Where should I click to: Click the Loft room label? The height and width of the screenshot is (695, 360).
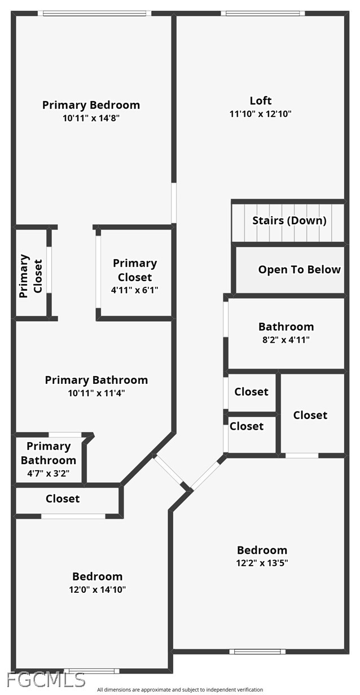(x=261, y=100)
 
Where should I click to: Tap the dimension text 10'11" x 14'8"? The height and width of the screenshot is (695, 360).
(x=91, y=118)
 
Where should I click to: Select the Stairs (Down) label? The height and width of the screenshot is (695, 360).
(x=289, y=220)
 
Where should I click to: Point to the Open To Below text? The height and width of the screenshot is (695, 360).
(x=299, y=269)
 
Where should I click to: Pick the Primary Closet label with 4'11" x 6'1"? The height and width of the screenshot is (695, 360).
(x=135, y=270)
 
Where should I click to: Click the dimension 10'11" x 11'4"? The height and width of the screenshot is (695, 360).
(x=96, y=393)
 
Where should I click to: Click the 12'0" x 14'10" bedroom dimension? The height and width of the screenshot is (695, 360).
(x=97, y=589)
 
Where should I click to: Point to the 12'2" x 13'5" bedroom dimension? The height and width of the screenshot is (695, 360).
(x=262, y=563)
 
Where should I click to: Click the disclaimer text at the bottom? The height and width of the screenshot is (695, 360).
(x=179, y=689)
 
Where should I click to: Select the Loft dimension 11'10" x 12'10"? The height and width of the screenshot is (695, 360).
(x=260, y=113)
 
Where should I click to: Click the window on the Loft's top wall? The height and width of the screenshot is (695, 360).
(x=262, y=13)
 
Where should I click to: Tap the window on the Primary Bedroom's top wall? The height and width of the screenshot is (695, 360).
(x=96, y=13)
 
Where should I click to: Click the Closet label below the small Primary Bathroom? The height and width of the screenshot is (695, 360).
(x=63, y=499)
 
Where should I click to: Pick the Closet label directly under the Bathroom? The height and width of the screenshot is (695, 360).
(x=251, y=391)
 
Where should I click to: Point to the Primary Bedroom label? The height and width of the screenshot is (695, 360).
(x=91, y=104)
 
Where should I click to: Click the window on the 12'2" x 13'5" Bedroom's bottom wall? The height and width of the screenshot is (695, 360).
(x=257, y=652)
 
